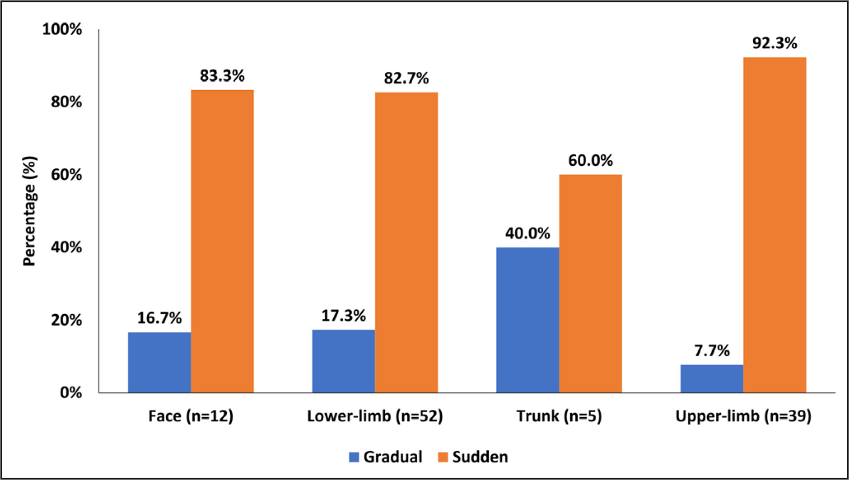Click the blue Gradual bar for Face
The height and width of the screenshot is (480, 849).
click(159, 362)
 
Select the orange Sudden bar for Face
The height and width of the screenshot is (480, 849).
click(222, 241)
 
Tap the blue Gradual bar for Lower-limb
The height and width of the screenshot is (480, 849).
click(343, 361)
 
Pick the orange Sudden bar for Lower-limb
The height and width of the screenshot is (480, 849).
click(406, 242)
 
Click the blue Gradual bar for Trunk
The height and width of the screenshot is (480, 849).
click(527, 320)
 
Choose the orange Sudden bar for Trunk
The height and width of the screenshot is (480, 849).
click(591, 284)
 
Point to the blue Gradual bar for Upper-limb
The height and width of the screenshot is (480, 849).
click(712, 379)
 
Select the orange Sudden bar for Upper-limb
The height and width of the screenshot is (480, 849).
click(774, 225)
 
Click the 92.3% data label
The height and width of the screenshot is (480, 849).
click(774, 44)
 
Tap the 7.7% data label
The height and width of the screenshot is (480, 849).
click(712, 351)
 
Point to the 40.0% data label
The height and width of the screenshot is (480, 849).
click(527, 233)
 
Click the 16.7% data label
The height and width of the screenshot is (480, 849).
click(159, 318)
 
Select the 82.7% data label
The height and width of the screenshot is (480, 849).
click(406, 78)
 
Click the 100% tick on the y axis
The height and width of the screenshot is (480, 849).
click(62, 29)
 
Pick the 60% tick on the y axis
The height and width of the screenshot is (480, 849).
click(66, 175)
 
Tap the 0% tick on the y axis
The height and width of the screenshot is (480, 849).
click(71, 392)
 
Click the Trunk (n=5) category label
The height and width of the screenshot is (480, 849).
click(559, 416)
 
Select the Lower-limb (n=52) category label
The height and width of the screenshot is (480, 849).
click(375, 416)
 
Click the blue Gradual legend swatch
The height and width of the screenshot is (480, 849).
click(354, 457)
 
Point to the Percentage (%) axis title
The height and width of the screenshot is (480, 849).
click(29, 211)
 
